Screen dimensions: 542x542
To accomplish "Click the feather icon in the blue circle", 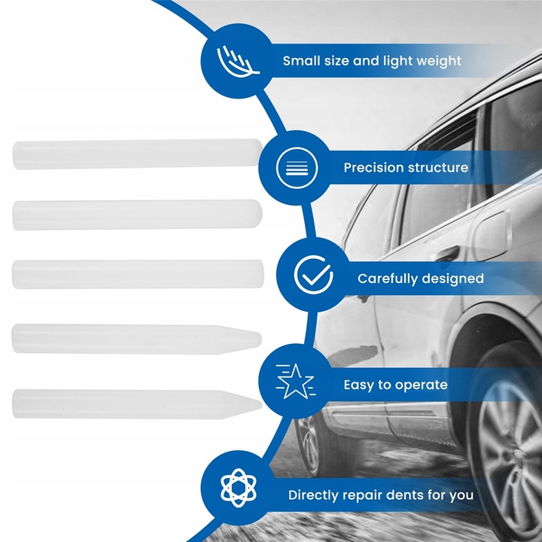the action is click(238, 60).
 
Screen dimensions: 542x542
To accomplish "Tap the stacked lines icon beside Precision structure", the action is click(292, 167).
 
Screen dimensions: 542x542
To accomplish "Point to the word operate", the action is click(421, 385).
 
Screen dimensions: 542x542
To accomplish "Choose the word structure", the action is click(440, 168).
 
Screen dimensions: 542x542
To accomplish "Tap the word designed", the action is click(455, 279).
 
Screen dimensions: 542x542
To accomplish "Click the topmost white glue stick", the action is click(135, 154).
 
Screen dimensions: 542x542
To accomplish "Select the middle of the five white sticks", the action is click(135, 274).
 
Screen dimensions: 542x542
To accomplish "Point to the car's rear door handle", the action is click(447, 254).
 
